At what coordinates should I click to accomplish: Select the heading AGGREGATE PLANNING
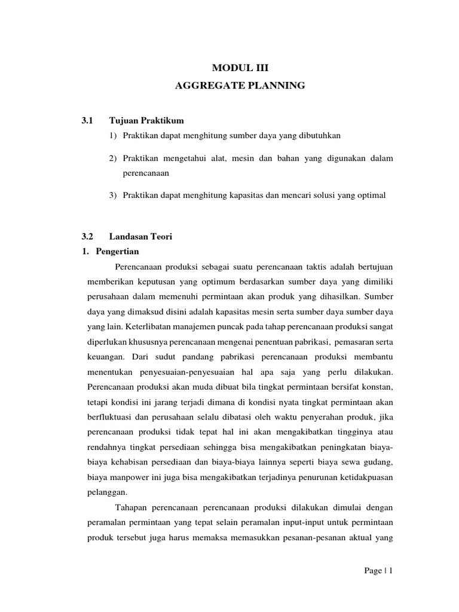pyautogui.click(x=240, y=86)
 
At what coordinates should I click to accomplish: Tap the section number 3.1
pyautogui.click(x=88, y=121)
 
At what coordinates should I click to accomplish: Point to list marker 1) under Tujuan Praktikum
pyautogui.click(x=114, y=136)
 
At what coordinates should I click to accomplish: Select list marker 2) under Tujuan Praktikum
pyautogui.click(x=114, y=158)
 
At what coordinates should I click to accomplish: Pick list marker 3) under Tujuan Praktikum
pyautogui.click(x=114, y=195)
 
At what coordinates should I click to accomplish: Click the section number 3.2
pyautogui.click(x=88, y=237)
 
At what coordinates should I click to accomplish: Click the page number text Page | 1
pyautogui.click(x=378, y=571)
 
